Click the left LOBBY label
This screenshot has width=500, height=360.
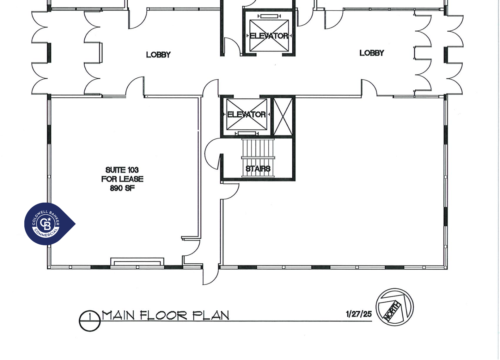point(158,55)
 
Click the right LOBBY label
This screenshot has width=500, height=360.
point(372,53)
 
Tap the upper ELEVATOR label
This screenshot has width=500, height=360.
point(269,36)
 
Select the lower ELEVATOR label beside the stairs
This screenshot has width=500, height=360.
point(247,114)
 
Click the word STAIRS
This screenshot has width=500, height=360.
point(258,169)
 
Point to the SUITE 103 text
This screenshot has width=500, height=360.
point(122,170)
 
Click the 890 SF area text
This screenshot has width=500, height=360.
point(122,188)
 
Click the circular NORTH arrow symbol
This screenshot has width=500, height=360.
point(394,307)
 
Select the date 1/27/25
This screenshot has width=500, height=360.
point(359,314)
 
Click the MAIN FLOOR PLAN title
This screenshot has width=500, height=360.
point(165,315)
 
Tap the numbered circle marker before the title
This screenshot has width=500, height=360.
point(90,320)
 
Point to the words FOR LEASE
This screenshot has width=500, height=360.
point(122,179)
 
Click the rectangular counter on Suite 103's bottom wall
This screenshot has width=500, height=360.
point(137,262)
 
